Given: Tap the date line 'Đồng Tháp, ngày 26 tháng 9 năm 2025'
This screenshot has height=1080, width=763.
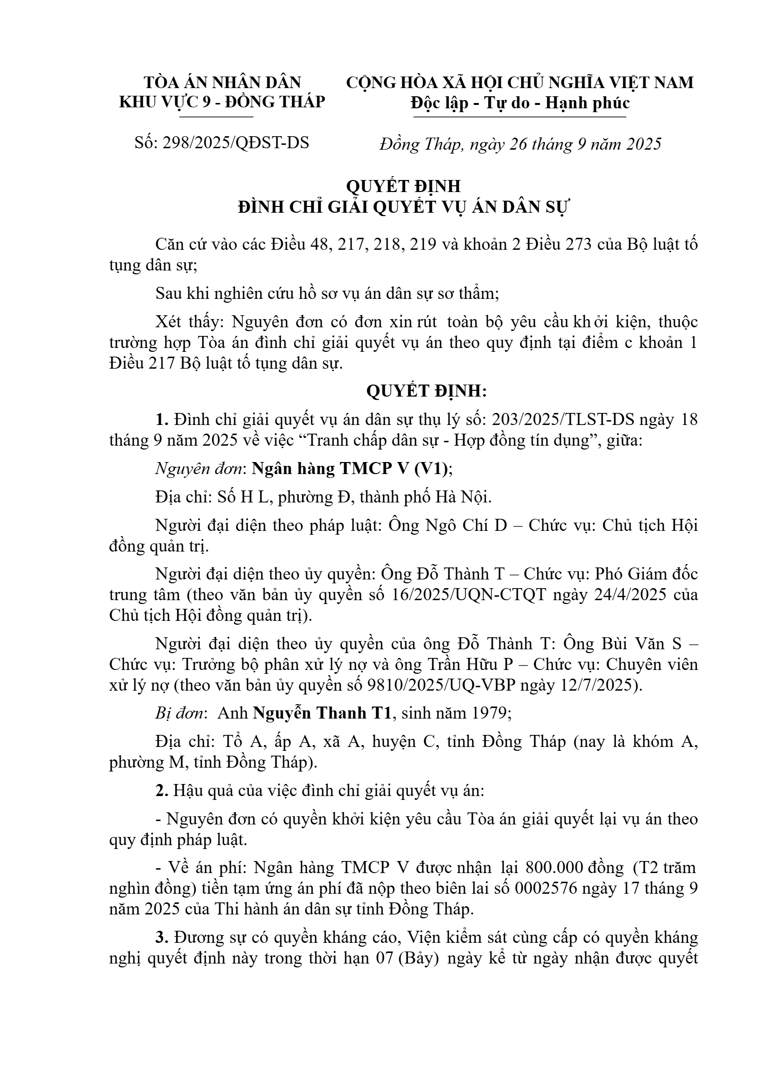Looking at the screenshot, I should point(520,144).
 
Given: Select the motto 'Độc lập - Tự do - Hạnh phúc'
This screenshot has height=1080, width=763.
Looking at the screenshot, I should point(520,103).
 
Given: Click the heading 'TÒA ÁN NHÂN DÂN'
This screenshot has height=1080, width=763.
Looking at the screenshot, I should point(222,82).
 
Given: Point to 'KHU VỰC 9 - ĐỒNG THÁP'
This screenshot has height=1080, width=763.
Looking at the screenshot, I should point(222,103).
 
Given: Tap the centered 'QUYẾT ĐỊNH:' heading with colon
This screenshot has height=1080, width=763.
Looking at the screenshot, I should point(427,391).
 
